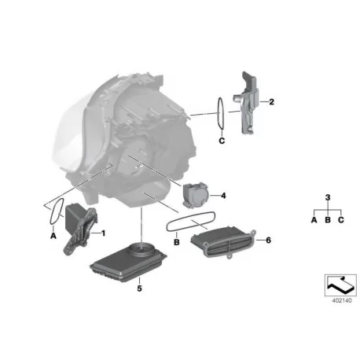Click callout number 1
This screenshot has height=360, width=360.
coord(103,233)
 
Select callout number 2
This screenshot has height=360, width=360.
coord(271,101)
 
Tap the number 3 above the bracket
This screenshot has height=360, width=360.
coord(328,197)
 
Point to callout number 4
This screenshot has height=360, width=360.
coord(223,196)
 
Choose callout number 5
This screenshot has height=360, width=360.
coord(139,288)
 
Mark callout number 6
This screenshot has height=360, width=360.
coord(268,240)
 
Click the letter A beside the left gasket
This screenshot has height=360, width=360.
coord(53,236)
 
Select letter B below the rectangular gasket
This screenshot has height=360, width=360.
coord(177,242)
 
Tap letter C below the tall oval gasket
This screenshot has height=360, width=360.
coord(222,141)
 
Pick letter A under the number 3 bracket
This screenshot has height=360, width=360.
coord(314,220)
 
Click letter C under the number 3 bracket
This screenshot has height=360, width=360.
coord(340,220)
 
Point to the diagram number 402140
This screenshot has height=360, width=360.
coord(342,300)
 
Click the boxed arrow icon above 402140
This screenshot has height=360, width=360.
coord(340,285)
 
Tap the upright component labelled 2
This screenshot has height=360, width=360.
coord(246,104)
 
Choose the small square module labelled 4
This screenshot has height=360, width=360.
coord(196,195)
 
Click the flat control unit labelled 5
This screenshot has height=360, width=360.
coord(128,262)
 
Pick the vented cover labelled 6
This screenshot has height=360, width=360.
coord(222,243)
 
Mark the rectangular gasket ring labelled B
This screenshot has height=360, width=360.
coord(191,222)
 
